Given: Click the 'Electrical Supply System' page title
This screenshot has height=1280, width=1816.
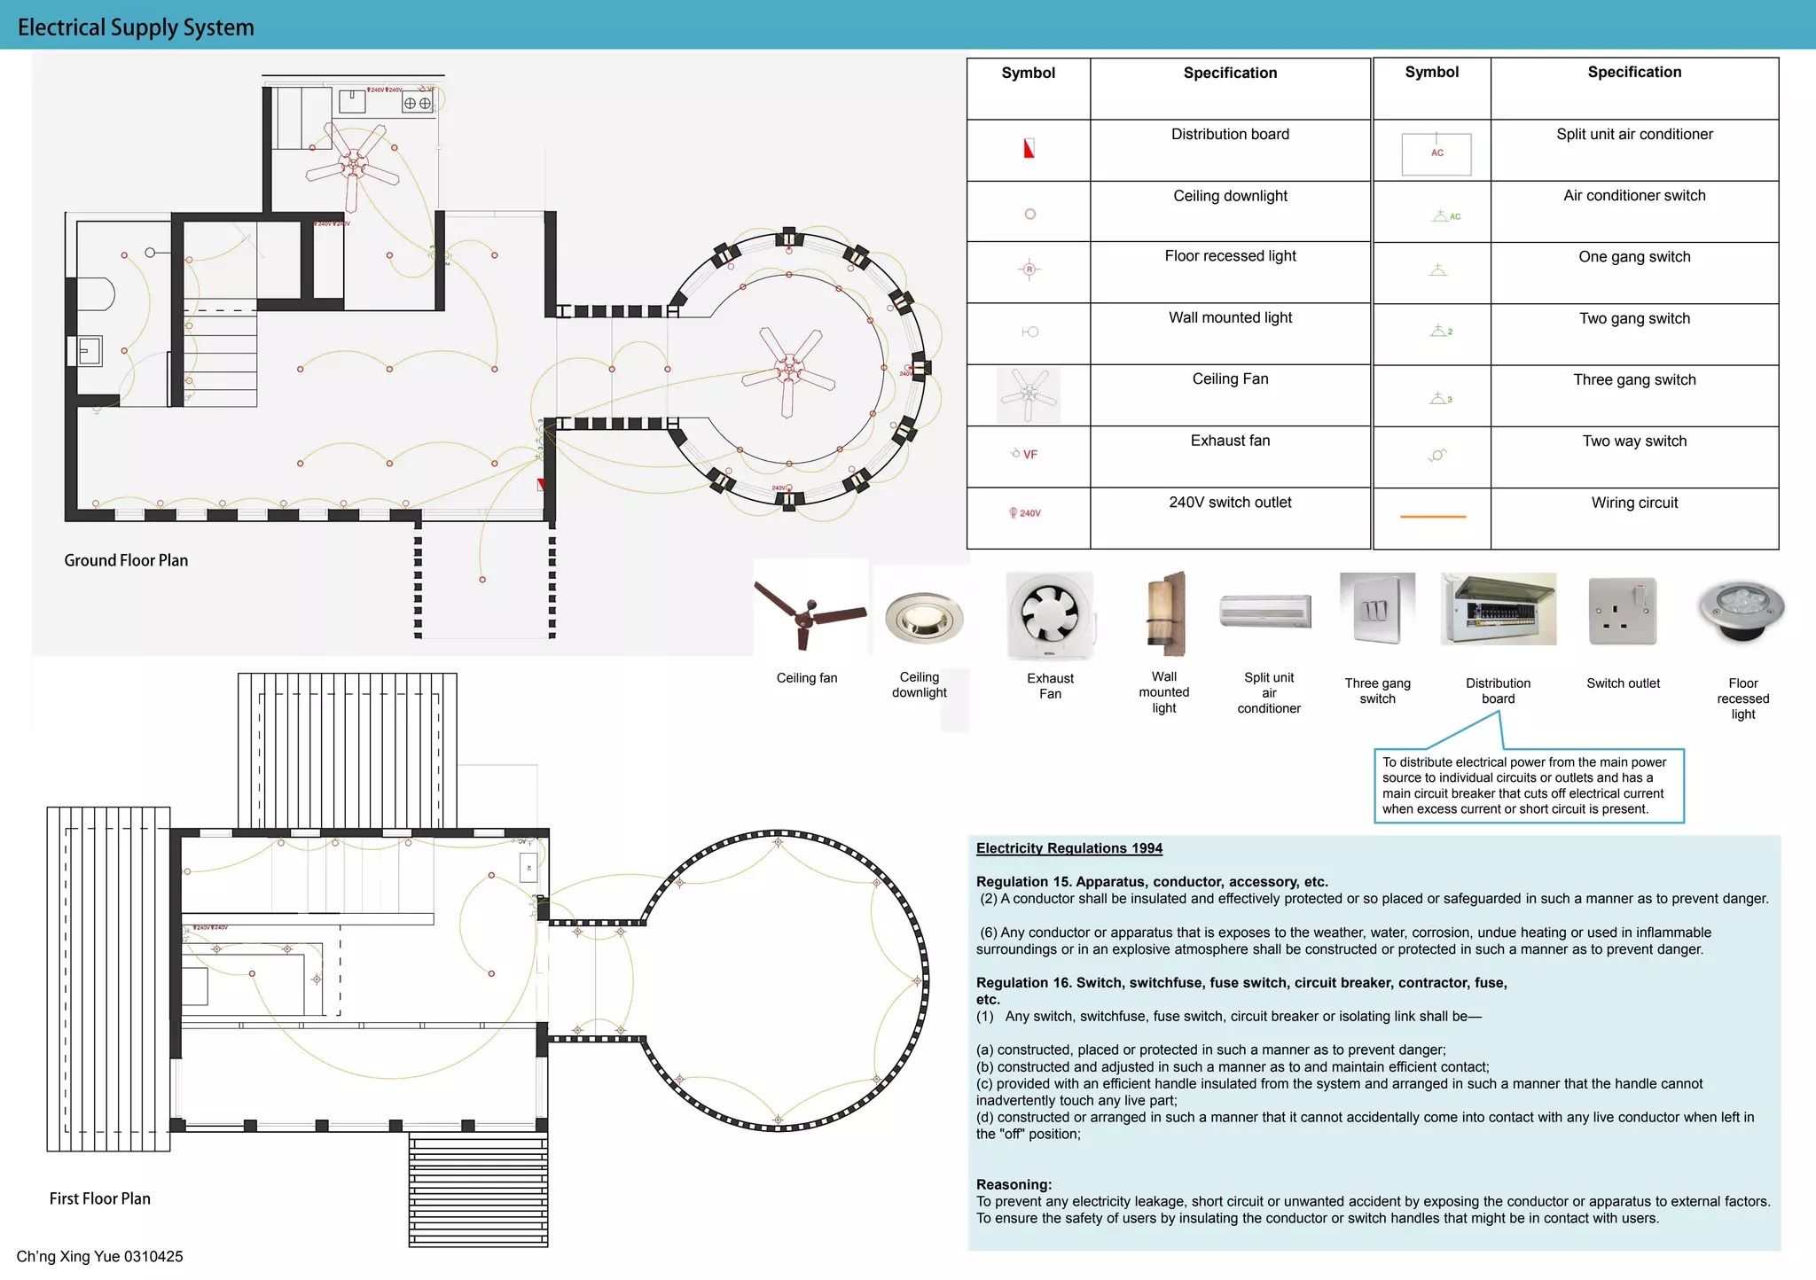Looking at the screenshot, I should pos(136,27).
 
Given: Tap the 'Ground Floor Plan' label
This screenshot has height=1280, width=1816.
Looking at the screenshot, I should pos(126,560).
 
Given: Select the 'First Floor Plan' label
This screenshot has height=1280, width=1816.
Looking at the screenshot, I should pos(100,1198).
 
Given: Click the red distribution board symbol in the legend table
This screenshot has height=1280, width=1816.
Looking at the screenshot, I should pos(1029,149).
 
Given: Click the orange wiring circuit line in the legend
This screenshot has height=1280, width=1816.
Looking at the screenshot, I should pos(1432,516).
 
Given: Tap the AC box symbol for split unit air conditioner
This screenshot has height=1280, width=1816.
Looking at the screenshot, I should pos(1436,153).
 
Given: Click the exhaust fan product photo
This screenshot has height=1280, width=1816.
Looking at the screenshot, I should pos(1050,615).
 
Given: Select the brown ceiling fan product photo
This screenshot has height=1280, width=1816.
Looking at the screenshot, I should pos(809,613).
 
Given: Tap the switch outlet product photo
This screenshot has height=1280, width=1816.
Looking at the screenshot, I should pos(1623,612).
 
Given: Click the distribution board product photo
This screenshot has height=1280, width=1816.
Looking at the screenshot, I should pos(1499,610).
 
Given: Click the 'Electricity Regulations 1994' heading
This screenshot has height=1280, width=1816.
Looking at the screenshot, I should pos(1068,848).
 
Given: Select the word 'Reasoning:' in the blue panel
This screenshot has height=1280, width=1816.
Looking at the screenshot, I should pos(1014,1184).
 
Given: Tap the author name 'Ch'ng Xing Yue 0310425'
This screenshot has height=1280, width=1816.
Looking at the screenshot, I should pos(99,1256).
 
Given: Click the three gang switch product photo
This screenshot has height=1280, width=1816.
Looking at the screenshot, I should pos(1377,609).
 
